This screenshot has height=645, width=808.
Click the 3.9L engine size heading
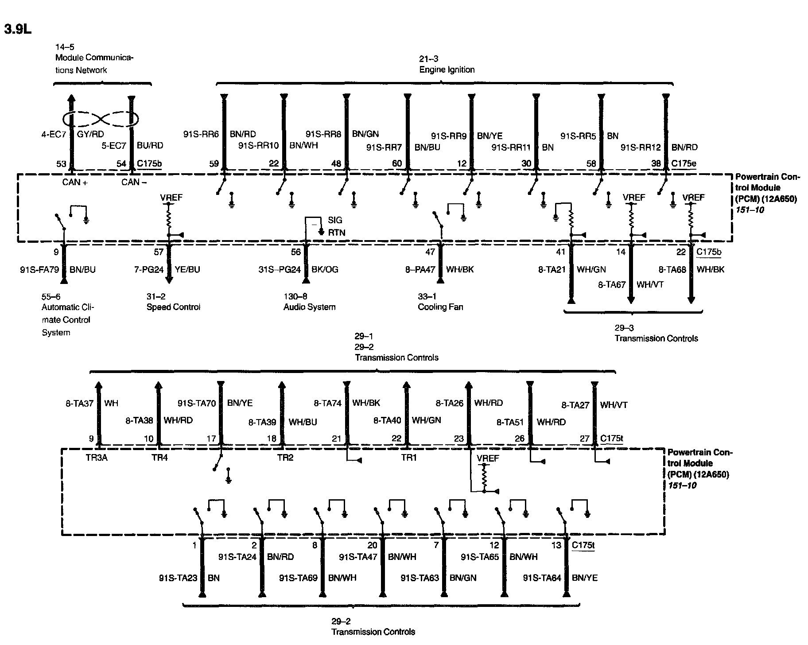click(x=18, y=29)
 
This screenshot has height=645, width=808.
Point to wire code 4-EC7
click(x=54, y=134)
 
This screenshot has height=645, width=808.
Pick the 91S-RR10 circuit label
click(x=259, y=146)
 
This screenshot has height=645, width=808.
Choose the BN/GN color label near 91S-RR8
click(x=365, y=134)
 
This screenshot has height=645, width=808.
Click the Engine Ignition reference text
click(x=447, y=70)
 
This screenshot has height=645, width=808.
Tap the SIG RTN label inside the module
click(x=336, y=226)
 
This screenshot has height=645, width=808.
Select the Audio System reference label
click(x=309, y=307)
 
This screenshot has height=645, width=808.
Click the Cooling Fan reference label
click(x=440, y=307)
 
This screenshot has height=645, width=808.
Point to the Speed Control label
click(x=173, y=307)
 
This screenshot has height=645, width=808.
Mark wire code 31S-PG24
click(x=280, y=269)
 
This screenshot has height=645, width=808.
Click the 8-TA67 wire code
click(x=612, y=285)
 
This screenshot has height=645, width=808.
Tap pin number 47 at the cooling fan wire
click(x=430, y=252)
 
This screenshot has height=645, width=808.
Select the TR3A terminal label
click(x=97, y=458)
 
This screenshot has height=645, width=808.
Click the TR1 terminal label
click(x=409, y=458)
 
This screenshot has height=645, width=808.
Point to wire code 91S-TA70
click(x=197, y=404)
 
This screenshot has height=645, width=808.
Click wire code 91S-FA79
click(x=39, y=269)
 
